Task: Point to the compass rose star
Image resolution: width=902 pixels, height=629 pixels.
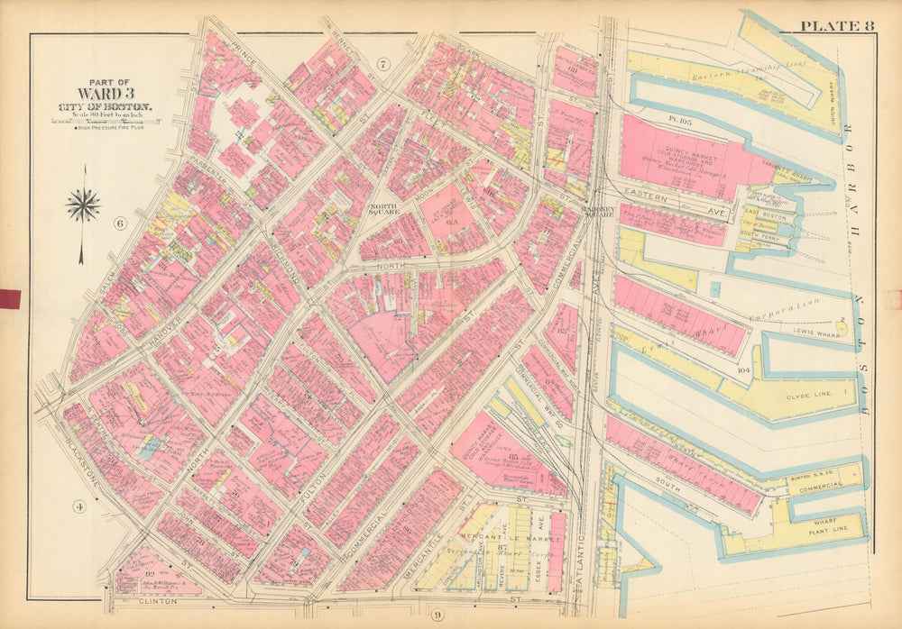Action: point(83,205)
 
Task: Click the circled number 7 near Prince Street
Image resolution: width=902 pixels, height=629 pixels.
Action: point(382,63)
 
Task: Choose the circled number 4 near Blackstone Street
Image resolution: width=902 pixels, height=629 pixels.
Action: point(78,506)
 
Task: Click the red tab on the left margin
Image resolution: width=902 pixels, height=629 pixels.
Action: point(10,298)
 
